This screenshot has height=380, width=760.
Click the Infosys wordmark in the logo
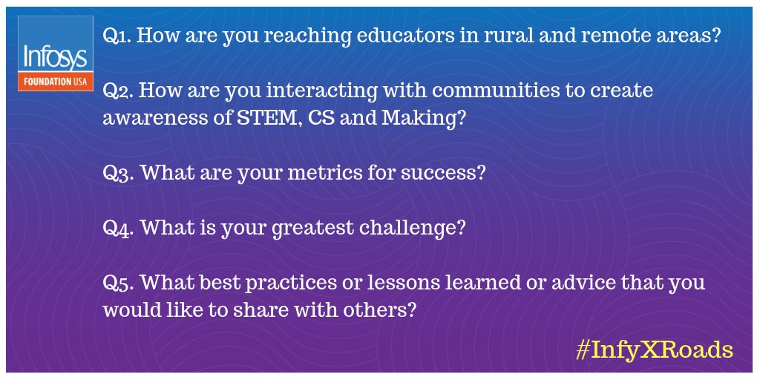click(55, 56)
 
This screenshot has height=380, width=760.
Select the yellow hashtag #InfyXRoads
click(654, 349)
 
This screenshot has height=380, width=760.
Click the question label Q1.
click(117, 37)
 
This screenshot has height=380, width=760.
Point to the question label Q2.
click(117, 91)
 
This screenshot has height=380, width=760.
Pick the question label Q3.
click(118, 173)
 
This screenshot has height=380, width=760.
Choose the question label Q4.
click(118, 227)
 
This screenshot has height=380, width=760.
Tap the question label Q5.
click(118, 283)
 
